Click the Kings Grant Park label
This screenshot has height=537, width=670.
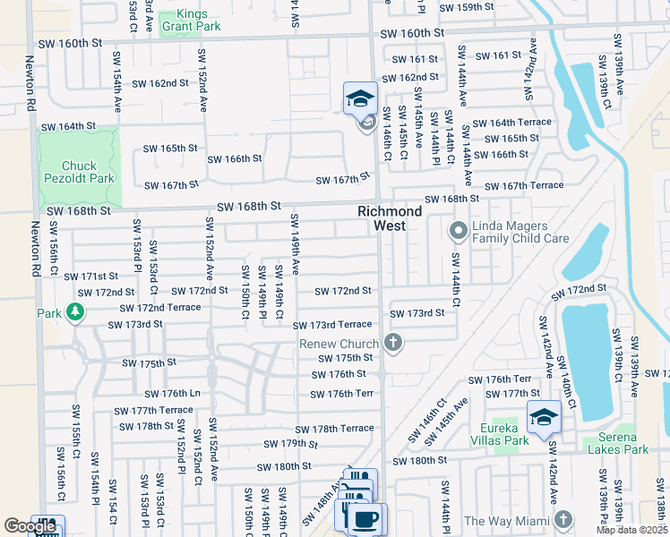[185, 21]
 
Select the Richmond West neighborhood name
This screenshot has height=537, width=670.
[390, 218]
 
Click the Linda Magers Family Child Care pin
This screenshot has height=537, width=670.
[458, 232]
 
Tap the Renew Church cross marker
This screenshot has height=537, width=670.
[391, 342]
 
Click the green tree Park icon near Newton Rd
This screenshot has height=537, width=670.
[76, 312]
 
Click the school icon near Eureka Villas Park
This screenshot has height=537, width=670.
[544, 418]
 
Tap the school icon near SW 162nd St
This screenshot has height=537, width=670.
[360, 98]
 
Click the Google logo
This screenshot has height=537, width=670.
[30, 526]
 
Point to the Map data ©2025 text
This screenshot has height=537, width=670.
[631, 530]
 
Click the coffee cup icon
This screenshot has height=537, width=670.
[365, 518]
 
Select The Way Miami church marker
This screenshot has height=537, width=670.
[563, 519]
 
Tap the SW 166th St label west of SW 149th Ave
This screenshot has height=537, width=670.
[235, 158]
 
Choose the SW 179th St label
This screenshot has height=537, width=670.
[291, 444]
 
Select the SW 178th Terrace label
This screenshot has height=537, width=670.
[334, 430]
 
